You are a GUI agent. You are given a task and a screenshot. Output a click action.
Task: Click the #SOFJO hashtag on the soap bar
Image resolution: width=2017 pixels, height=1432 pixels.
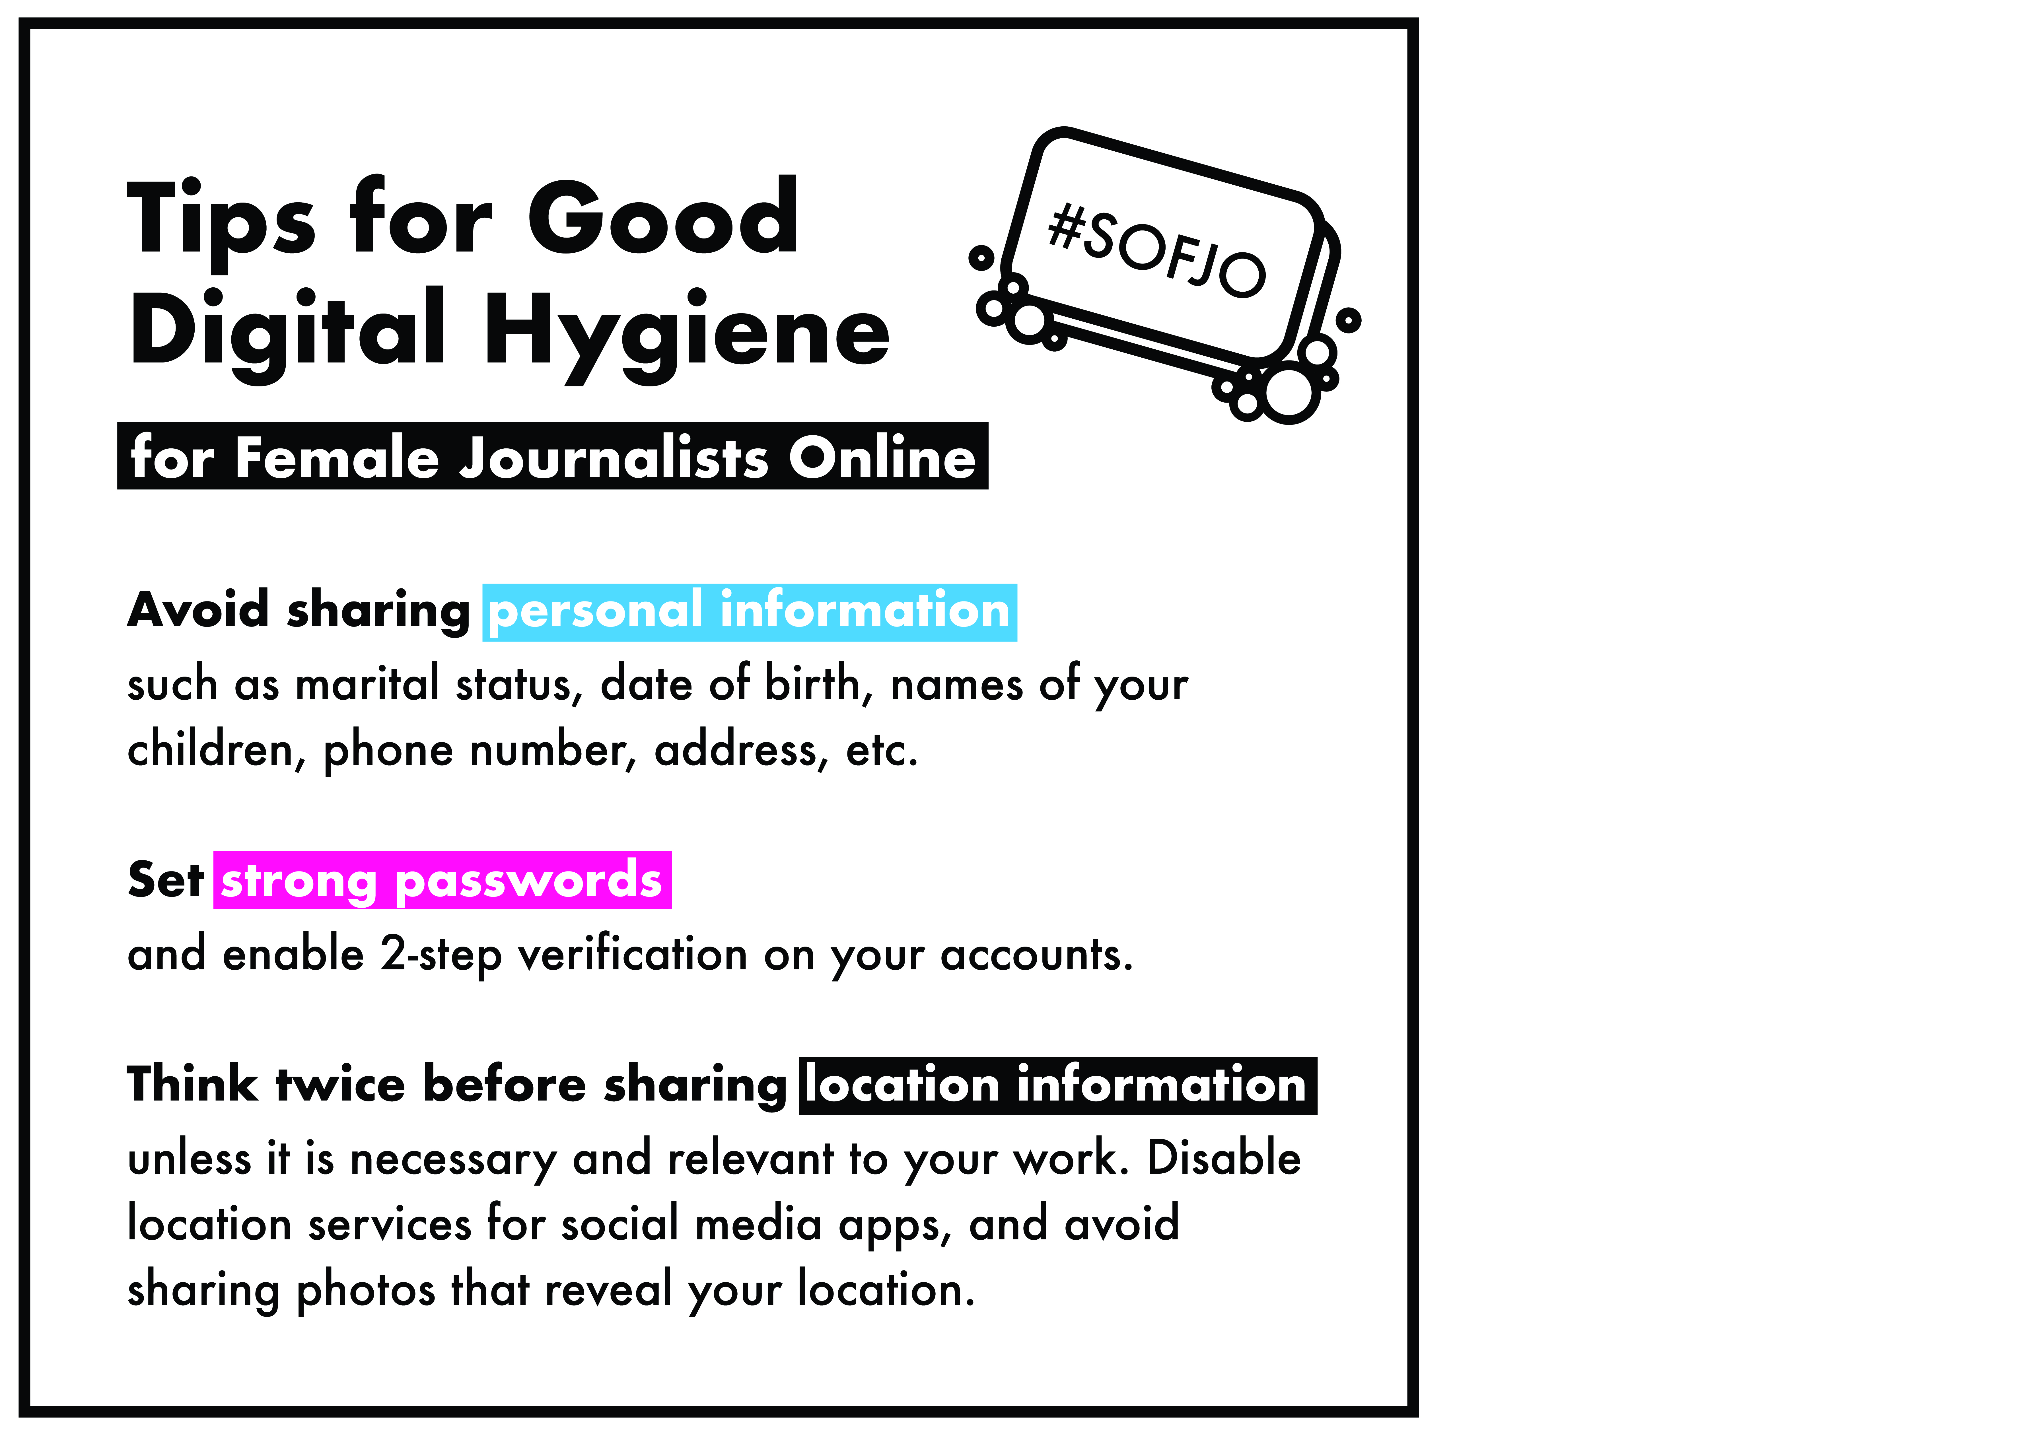tap(1156, 249)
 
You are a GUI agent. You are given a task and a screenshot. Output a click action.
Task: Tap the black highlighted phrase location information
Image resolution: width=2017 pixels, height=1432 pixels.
tap(1057, 1085)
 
